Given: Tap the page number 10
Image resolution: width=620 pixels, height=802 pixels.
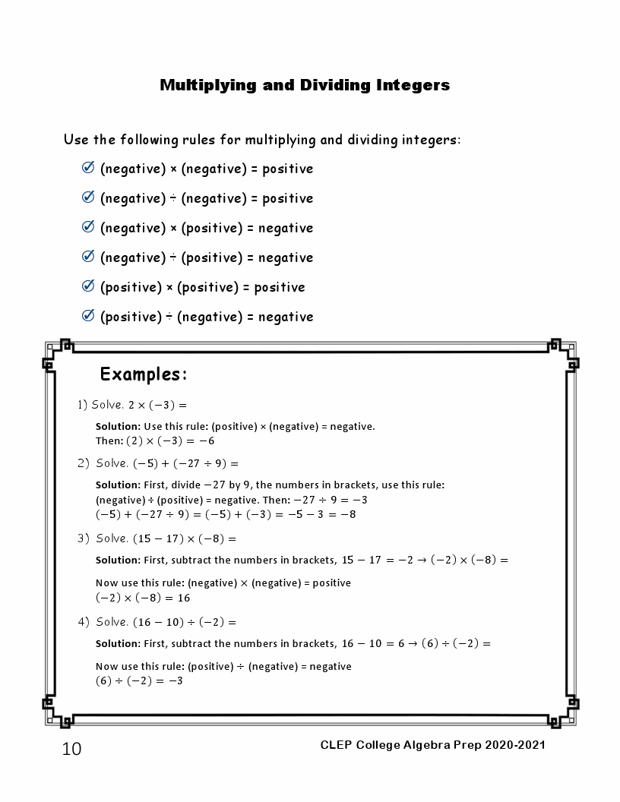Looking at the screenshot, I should pos(71,750).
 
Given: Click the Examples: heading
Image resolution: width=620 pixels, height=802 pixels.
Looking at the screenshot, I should pos(143,374).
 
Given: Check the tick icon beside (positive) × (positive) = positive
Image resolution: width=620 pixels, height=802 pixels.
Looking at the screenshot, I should pos(87,286).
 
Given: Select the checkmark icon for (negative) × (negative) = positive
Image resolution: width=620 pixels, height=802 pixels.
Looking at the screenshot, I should pos(87,168).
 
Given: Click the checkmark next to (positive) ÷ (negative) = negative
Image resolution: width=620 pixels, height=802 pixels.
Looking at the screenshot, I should pos(87,316).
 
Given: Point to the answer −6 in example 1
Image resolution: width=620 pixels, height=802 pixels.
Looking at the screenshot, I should pos(207,441).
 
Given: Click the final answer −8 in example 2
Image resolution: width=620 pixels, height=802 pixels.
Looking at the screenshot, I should pos(348,515).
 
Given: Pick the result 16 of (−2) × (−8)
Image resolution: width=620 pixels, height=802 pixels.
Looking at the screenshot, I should pos(184,598).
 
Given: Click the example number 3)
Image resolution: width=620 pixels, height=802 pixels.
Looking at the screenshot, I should pos(84,538).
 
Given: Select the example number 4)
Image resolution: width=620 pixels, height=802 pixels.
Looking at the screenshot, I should pos(84,622).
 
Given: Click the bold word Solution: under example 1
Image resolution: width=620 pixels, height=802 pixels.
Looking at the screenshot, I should pos(118,427).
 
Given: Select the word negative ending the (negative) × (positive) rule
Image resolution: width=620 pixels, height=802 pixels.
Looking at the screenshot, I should pos(286,228).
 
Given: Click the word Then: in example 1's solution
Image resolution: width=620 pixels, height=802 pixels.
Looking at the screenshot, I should pos(109,441).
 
